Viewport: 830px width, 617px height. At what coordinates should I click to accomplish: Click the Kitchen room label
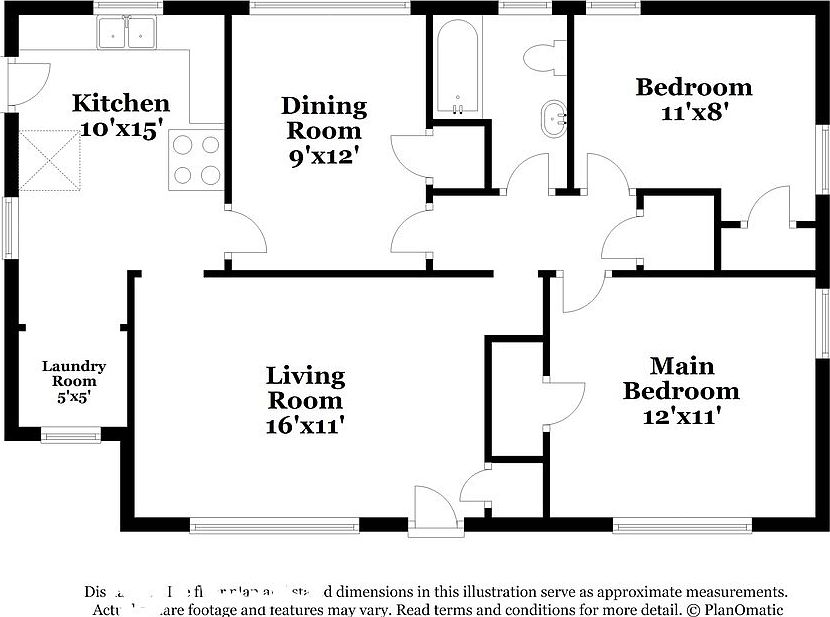tap(121, 103)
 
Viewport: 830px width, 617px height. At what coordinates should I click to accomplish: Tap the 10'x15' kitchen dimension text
tap(121, 129)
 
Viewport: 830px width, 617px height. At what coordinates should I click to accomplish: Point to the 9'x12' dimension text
tap(323, 156)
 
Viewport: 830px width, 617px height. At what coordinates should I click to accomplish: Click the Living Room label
tap(305, 388)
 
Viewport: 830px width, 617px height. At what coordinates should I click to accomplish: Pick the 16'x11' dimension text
tap(305, 425)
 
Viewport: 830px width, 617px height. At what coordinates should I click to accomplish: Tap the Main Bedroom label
tap(681, 378)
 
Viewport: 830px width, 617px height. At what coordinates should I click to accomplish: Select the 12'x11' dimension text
tap(681, 415)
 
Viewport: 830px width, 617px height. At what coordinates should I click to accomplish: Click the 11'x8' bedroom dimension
tap(694, 113)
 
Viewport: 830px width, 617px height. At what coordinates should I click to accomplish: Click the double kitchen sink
tap(128, 34)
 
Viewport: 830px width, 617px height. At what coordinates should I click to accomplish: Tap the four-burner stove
tap(195, 159)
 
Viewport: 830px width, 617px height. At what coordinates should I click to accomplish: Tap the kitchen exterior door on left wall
tap(28, 84)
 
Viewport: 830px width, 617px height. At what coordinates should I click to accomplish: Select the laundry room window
tap(70, 434)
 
